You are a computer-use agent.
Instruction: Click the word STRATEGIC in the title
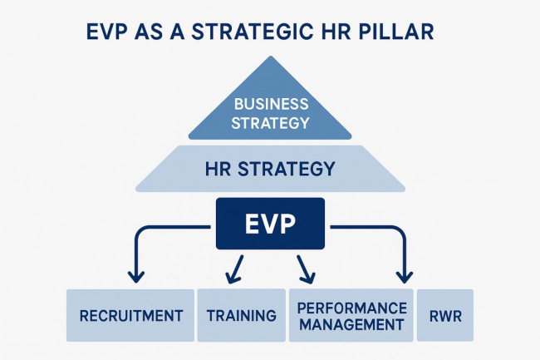252,32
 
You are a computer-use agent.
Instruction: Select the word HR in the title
336,32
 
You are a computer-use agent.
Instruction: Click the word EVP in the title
107,32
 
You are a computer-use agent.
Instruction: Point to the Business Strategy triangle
270,103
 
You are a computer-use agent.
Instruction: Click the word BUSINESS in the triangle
271,104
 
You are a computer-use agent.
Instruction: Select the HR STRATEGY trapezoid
270,169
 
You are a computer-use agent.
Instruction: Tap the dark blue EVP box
270,224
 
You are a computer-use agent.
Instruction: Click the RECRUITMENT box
130,315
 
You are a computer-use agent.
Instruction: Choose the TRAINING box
242,315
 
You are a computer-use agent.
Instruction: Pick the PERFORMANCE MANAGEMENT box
351,315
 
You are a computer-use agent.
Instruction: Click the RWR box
445,315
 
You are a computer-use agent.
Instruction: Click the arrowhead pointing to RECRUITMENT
136,277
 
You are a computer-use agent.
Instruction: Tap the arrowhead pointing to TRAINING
232,278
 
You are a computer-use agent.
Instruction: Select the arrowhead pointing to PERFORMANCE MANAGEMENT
308,278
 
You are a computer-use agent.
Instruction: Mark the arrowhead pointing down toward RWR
405,277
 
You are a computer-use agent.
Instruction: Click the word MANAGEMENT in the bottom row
351,324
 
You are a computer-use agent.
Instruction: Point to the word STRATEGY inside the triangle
270,123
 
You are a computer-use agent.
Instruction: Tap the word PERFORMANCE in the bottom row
351,308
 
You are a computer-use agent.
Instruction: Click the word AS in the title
149,32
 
